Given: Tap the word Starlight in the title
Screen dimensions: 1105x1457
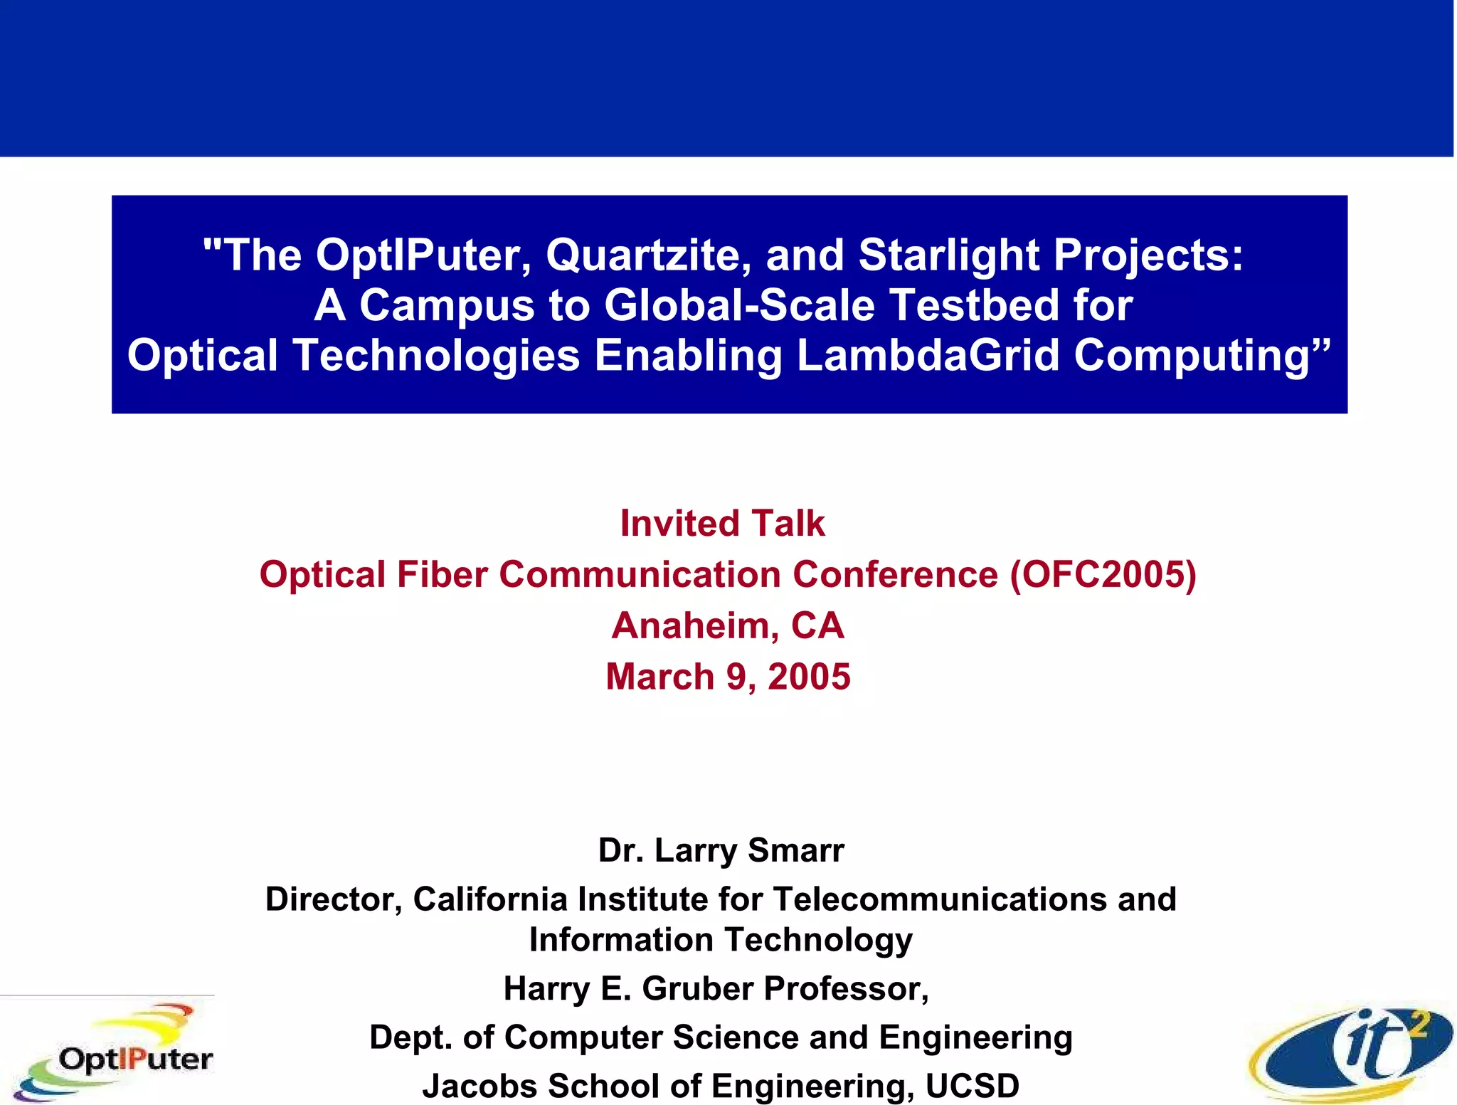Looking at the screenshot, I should pos(949,255).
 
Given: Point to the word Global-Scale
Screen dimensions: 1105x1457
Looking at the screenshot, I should pos(740,305).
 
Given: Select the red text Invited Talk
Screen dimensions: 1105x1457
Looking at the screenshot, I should pos(722,524).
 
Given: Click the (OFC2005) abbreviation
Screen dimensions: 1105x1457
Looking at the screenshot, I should pos(1103,574).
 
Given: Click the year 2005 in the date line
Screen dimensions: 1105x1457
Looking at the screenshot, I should pos(809,677).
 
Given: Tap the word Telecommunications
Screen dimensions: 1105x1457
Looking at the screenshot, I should pos(939,899).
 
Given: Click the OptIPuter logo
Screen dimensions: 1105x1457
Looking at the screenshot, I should pos(114,1053).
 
